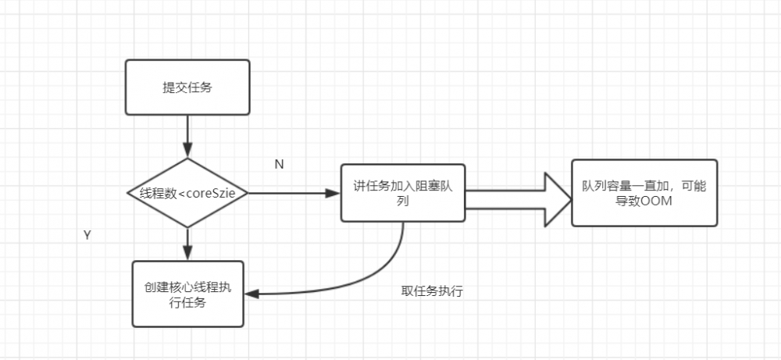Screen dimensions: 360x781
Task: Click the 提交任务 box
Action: click(x=187, y=87)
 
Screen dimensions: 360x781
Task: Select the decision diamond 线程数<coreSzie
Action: click(x=187, y=193)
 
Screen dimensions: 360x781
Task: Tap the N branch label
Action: click(x=279, y=164)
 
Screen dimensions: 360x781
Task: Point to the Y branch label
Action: click(x=87, y=234)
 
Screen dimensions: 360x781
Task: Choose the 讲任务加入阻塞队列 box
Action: click(x=402, y=193)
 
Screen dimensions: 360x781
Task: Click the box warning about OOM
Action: click(x=644, y=193)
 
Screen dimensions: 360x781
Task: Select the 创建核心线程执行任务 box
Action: click(x=187, y=294)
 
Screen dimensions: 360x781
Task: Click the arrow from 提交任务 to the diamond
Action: click(x=187, y=137)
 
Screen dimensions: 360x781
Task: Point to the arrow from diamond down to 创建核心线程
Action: click(x=187, y=244)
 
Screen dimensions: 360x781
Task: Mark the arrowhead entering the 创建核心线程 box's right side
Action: click(x=252, y=294)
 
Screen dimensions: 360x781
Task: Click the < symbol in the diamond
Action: click(x=182, y=193)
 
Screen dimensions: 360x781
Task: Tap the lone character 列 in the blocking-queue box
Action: click(x=402, y=201)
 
